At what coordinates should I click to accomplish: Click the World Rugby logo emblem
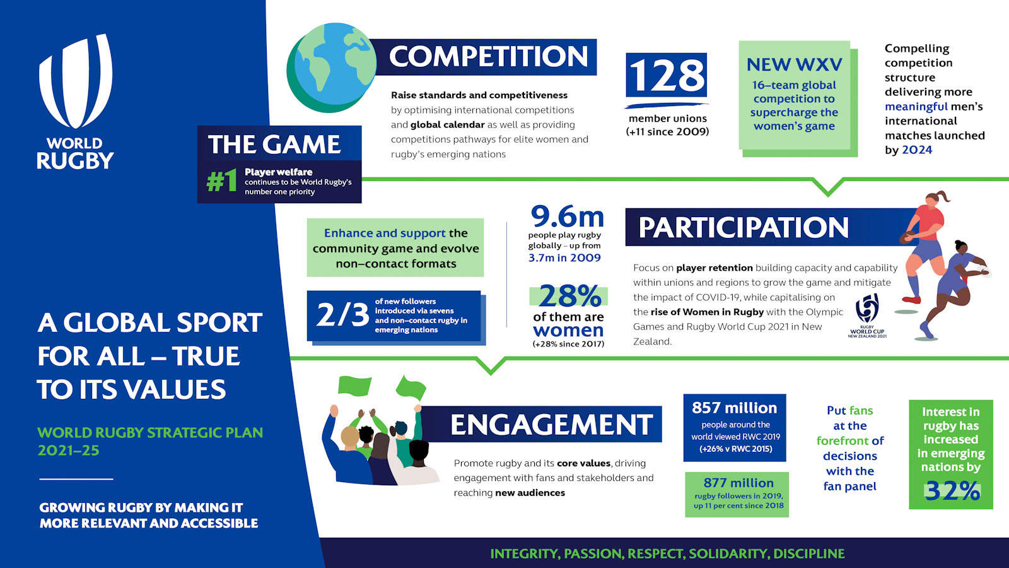[x=75, y=81]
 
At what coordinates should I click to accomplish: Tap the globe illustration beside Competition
[x=332, y=68]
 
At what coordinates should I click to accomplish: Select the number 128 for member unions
[x=666, y=75]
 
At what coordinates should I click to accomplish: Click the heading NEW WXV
[x=794, y=65]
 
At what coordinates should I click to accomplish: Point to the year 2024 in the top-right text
[x=917, y=150]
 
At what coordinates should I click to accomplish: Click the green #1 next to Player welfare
[x=221, y=181]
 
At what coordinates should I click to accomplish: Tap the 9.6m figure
[x=567, y=216]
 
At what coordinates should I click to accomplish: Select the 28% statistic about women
[x=569, y=296]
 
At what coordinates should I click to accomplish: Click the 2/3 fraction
[x=343, y=315]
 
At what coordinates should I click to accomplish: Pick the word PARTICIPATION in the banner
[x=744, y=227]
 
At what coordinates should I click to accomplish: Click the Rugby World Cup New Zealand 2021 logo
[x=867, y=316]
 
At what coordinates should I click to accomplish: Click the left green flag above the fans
[x=354, y=386]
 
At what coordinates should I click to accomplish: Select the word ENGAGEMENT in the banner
[x=551, y=425]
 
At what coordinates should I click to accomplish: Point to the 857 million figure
[x=735, y=408]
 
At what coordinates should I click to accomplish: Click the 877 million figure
[x=738, y=483]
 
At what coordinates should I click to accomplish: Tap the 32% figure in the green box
[x=952, y=491]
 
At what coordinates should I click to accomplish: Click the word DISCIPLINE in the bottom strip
[x=809, y=553]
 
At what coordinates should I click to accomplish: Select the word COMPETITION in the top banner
[x=488, y=56]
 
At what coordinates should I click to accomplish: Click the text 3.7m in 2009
[x=564, y=258]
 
